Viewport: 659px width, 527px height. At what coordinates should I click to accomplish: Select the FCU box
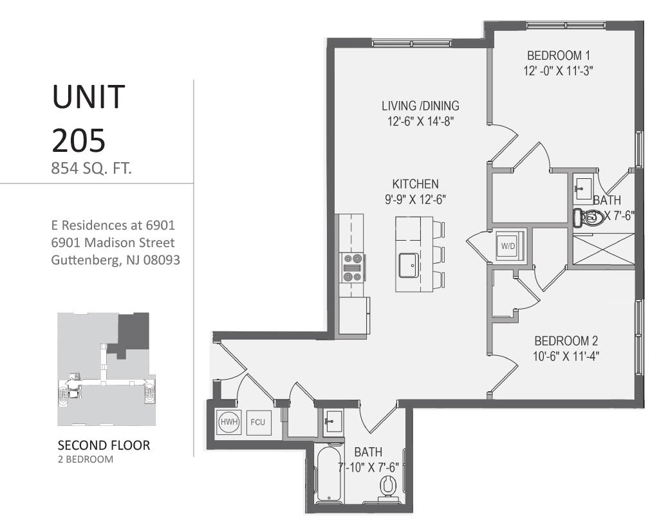[258, 423]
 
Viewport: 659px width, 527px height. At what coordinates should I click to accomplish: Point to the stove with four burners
[353, 267]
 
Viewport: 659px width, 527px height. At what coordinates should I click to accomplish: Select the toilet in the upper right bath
[590, 219]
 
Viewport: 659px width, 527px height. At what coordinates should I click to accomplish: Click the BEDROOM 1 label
[558, 55]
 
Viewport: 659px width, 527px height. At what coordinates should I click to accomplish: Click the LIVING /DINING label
[420, 106]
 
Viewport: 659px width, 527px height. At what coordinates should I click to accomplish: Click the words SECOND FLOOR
[104, 445]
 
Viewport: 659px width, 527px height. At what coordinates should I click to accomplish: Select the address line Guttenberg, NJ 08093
[115, 261]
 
